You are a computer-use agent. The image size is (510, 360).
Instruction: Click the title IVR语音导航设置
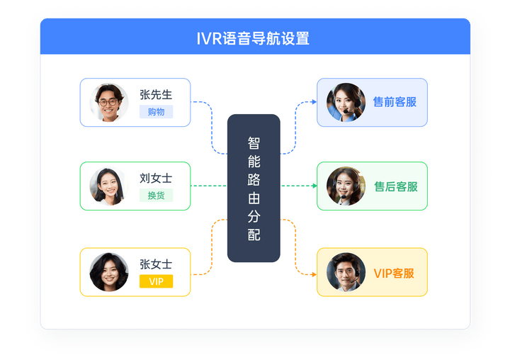click(253, 38)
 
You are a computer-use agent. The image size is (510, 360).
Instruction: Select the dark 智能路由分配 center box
click(254, 188)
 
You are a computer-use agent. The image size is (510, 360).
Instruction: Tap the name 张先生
click(156, 95)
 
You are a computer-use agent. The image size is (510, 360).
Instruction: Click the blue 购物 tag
click(156, 112)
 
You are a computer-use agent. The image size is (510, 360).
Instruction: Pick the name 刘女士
click(156, 179)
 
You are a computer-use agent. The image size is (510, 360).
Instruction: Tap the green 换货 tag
click(156, 196)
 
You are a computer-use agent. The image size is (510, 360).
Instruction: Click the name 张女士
click(156, 264)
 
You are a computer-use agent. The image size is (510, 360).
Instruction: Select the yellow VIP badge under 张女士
click(156, 281)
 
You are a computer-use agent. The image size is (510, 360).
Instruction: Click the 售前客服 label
click(395, 102)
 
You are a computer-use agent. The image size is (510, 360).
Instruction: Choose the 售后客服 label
click(396, 186)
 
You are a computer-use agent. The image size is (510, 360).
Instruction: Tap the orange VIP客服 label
click(394, 274)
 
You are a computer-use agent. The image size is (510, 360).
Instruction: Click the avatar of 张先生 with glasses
click(109, 102)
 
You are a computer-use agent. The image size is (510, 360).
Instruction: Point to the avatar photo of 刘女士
click(109, 186)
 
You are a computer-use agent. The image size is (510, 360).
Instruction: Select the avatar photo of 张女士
click(109, 272)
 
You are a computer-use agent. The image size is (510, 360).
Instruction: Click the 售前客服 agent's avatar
click(346, 102)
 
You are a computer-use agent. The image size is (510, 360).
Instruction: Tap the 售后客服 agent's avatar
click(346, 186)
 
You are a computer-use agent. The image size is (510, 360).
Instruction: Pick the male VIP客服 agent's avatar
click(346, 272)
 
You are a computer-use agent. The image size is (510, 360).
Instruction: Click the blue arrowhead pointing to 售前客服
click(314, 102)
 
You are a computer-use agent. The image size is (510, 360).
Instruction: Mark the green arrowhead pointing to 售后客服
click(314, 186)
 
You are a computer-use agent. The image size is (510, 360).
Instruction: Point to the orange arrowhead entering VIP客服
click(314, 274)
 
